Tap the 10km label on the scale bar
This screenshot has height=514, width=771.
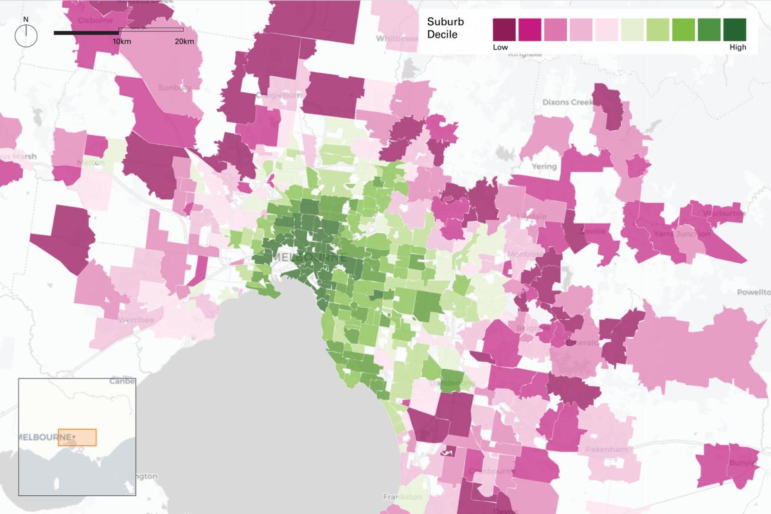point(122,42)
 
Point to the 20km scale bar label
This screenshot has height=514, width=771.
point(184,42)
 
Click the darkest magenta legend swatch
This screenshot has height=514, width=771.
point(504,30)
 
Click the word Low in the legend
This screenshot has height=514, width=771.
point(501,48)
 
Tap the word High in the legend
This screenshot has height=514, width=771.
point(738,48)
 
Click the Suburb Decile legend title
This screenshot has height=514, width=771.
point(445,28)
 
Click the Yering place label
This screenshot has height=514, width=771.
point(544,166)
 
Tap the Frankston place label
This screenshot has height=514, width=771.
point(402,497)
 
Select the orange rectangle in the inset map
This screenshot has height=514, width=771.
point(77,437)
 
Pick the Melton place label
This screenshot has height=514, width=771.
point(90,163)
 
